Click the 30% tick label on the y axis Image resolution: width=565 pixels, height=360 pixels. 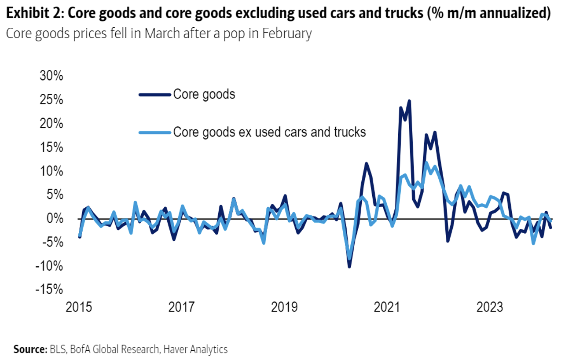click(51, 76)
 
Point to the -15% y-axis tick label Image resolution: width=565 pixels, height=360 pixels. click(50, 289)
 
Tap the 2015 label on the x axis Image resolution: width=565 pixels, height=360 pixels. click(79, 307)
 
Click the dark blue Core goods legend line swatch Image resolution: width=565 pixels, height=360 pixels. click(154, 95)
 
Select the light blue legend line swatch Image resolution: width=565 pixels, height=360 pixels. click(154, 132)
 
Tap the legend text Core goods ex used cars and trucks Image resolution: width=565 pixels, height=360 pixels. click(269, 132)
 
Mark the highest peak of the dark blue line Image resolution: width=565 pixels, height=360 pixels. click(409, 101)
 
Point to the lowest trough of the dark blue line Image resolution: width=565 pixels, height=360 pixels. click(349, 266)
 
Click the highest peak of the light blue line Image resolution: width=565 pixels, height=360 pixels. click(426, 163)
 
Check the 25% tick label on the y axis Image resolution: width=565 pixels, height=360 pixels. click(51, 100)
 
